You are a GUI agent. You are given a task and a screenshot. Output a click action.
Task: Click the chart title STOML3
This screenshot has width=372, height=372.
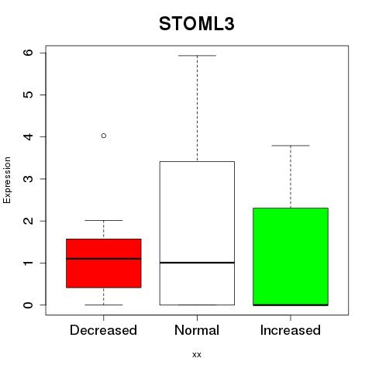tap(197, 24)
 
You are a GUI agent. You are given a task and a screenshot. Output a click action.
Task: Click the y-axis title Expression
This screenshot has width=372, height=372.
tap(7, 180)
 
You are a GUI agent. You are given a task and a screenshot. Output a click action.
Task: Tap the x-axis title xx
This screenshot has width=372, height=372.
tap(197, 354)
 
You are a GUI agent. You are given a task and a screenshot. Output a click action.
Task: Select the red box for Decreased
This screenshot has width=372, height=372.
tap(104, 263)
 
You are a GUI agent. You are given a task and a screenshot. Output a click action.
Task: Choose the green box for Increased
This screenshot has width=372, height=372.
tap(291, 257)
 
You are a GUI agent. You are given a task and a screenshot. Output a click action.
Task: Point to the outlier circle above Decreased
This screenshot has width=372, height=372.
tap(104, 136)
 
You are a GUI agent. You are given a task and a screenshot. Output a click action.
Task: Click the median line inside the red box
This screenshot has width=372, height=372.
tap(104, 259)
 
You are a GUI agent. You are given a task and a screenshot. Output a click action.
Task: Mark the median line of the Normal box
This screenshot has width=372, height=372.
tap(197, 263)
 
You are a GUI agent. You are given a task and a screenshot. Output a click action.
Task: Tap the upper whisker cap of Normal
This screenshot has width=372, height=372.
tap(197, 56)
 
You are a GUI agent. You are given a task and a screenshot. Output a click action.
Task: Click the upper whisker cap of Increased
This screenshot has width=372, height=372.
tap(291, 146)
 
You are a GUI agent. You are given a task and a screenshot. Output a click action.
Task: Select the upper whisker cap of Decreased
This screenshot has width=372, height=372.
tap(104, 220)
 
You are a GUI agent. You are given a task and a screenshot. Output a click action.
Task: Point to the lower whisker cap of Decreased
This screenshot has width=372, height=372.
tap(104, 305)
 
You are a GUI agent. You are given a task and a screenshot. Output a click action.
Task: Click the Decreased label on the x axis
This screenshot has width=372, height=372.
tap(103, 330)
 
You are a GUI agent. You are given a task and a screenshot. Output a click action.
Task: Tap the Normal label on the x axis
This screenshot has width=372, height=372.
tap(197, 330)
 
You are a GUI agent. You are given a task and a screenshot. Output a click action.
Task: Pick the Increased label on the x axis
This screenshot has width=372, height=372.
tap(291, 330)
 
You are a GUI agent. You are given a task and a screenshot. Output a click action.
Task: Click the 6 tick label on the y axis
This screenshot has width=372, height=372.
tap(29, 53)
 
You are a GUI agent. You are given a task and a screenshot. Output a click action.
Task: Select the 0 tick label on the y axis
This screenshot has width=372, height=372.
tap(29, 305)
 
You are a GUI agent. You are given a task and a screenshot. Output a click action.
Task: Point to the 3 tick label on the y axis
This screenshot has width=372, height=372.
tap(29, 179)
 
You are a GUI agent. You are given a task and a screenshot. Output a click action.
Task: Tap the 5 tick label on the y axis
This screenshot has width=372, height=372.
tap(29, 95)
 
